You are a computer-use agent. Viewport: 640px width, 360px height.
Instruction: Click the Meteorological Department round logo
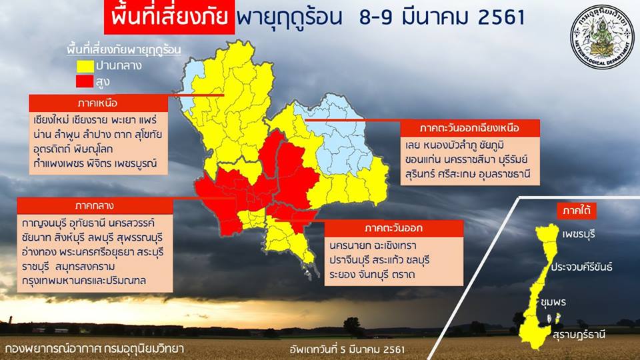(602, 37)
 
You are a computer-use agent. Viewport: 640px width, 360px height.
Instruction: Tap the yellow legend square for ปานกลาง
(85, 66)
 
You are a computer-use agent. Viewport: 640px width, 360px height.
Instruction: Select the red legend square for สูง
(85, 81)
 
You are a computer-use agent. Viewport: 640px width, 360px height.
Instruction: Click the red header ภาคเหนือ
(99, 103)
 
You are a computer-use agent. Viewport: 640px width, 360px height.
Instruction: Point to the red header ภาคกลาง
(95, 206)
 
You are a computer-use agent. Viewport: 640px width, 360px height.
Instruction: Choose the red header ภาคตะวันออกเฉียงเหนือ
(470, 128)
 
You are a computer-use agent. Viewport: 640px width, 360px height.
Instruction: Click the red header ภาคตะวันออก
(394, 228)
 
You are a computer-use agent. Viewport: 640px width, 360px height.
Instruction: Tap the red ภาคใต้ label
(577, 211)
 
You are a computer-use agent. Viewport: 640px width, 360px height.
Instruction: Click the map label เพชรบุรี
(579, 235)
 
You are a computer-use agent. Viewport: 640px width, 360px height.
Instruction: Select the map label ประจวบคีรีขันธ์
(581, 267)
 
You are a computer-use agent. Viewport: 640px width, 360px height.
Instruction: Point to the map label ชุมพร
(553, 303)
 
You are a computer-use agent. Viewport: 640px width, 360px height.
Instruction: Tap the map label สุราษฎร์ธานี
(579, 335)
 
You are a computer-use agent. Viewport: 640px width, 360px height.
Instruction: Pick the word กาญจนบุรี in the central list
(44, 223)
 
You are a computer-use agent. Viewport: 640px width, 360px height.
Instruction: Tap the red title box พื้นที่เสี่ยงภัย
(169, 17)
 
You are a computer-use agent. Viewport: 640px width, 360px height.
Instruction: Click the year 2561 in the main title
(501, 17)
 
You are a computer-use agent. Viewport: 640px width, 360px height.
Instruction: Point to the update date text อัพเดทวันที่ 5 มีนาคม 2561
(347, 349)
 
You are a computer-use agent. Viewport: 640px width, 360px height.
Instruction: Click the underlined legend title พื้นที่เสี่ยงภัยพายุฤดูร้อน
(124, 50)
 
